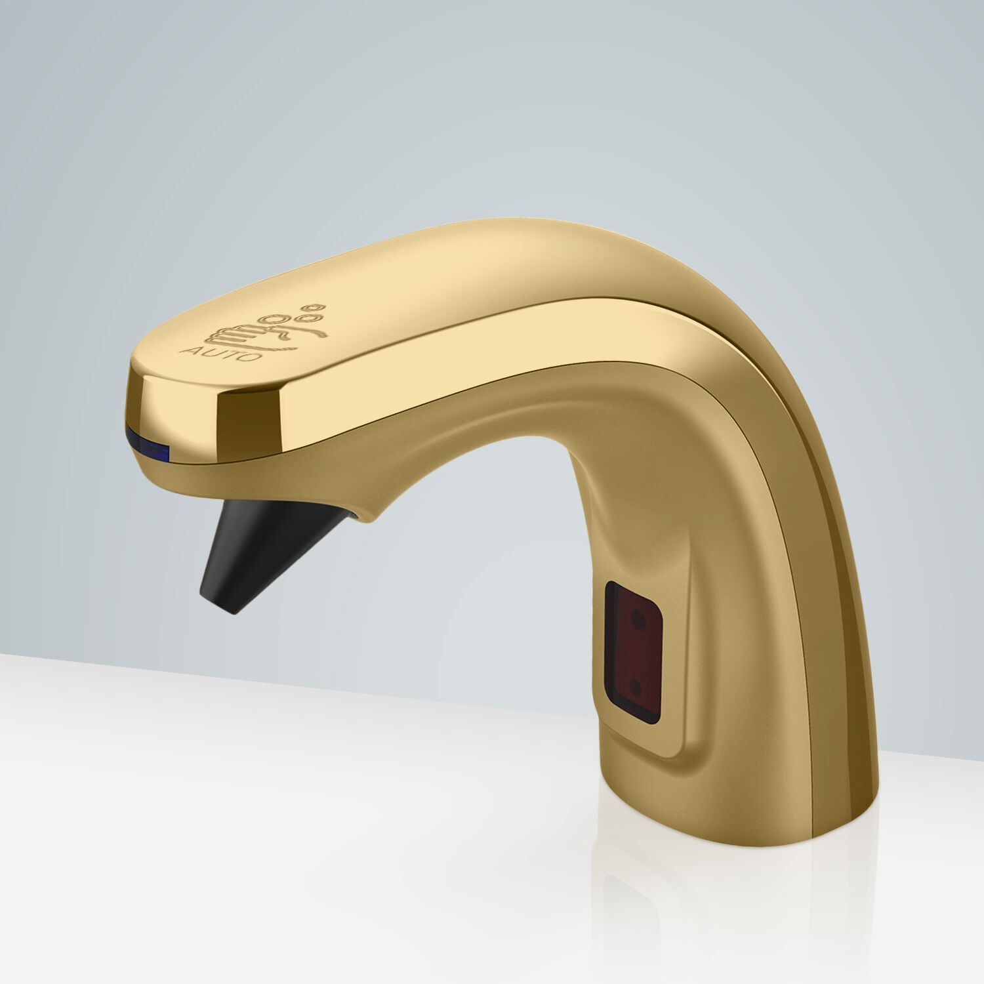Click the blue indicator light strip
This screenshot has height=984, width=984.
tap(149, 438)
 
